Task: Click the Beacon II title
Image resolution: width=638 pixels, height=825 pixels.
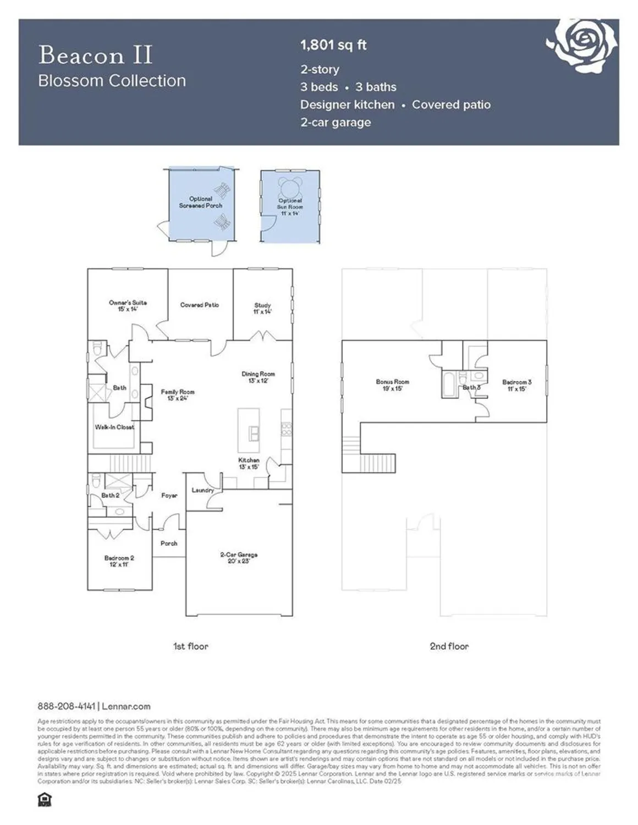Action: click(x=95, y=56)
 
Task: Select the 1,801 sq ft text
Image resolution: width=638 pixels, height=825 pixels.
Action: click(x=333, y=45)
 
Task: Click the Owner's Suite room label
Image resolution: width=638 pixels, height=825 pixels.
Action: click(x=128, y=306)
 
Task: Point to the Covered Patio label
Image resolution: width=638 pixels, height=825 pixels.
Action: click(x=200, y=305)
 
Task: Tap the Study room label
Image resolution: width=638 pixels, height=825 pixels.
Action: click(x=262, y=308)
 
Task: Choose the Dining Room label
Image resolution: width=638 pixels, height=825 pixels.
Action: click(x=258, y=377)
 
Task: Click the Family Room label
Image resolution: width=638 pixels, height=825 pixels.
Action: click(x=177, y=395)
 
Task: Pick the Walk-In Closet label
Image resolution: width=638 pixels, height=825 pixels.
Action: click(x=114, y=427)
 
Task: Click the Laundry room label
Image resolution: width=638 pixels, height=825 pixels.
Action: click(x=202, y=490)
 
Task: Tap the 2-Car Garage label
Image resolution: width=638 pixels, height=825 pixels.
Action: click(x=239, y=558)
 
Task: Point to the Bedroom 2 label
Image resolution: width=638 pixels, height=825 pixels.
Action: click(x=119, y=561)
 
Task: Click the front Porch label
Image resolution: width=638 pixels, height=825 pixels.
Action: click(x=169, y=543)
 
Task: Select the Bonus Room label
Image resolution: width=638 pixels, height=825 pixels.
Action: click(x=393, y=384)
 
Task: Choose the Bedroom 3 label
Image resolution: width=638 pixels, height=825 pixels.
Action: click(x=516, y=385)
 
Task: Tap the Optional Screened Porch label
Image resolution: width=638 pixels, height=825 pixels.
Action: click(x=200, y=202)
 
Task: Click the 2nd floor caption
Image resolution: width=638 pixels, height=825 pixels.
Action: click(x=449, y=646)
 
